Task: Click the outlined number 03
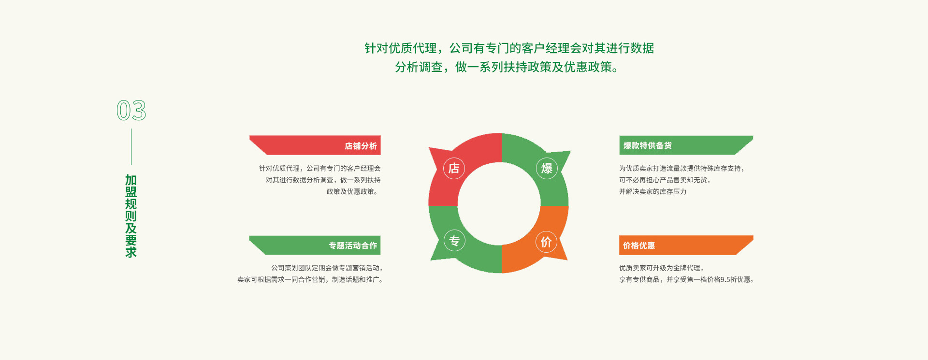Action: pyautogui.click(x=131, y=110)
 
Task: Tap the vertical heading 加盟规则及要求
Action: pyautogui.click(x=131, y=216)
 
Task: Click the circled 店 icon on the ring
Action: pyautogui.click(x=454, y=168)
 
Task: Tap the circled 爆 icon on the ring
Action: pyautogui.click(x=547, y=168)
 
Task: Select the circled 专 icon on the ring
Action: pyautogui.click(x=454, y=240)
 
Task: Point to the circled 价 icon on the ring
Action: pyautogui.click(x=546, y=242)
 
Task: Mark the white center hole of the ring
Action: pyautogui.click(x=499, y=203)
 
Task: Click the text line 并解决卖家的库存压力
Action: pyautogui.click(x=652, y=191)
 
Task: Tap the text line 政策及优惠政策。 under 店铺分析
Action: pyautogui.click(x=352, y=191)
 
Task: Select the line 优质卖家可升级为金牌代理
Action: pyautogui.click(x=661, y=268)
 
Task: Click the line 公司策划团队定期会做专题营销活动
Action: pyautogui.click(x=326, y=268)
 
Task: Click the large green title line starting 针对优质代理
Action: pyautogui.click(x=509, y=48)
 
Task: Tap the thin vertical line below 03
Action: pyautogui.click(x=131, y=146)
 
